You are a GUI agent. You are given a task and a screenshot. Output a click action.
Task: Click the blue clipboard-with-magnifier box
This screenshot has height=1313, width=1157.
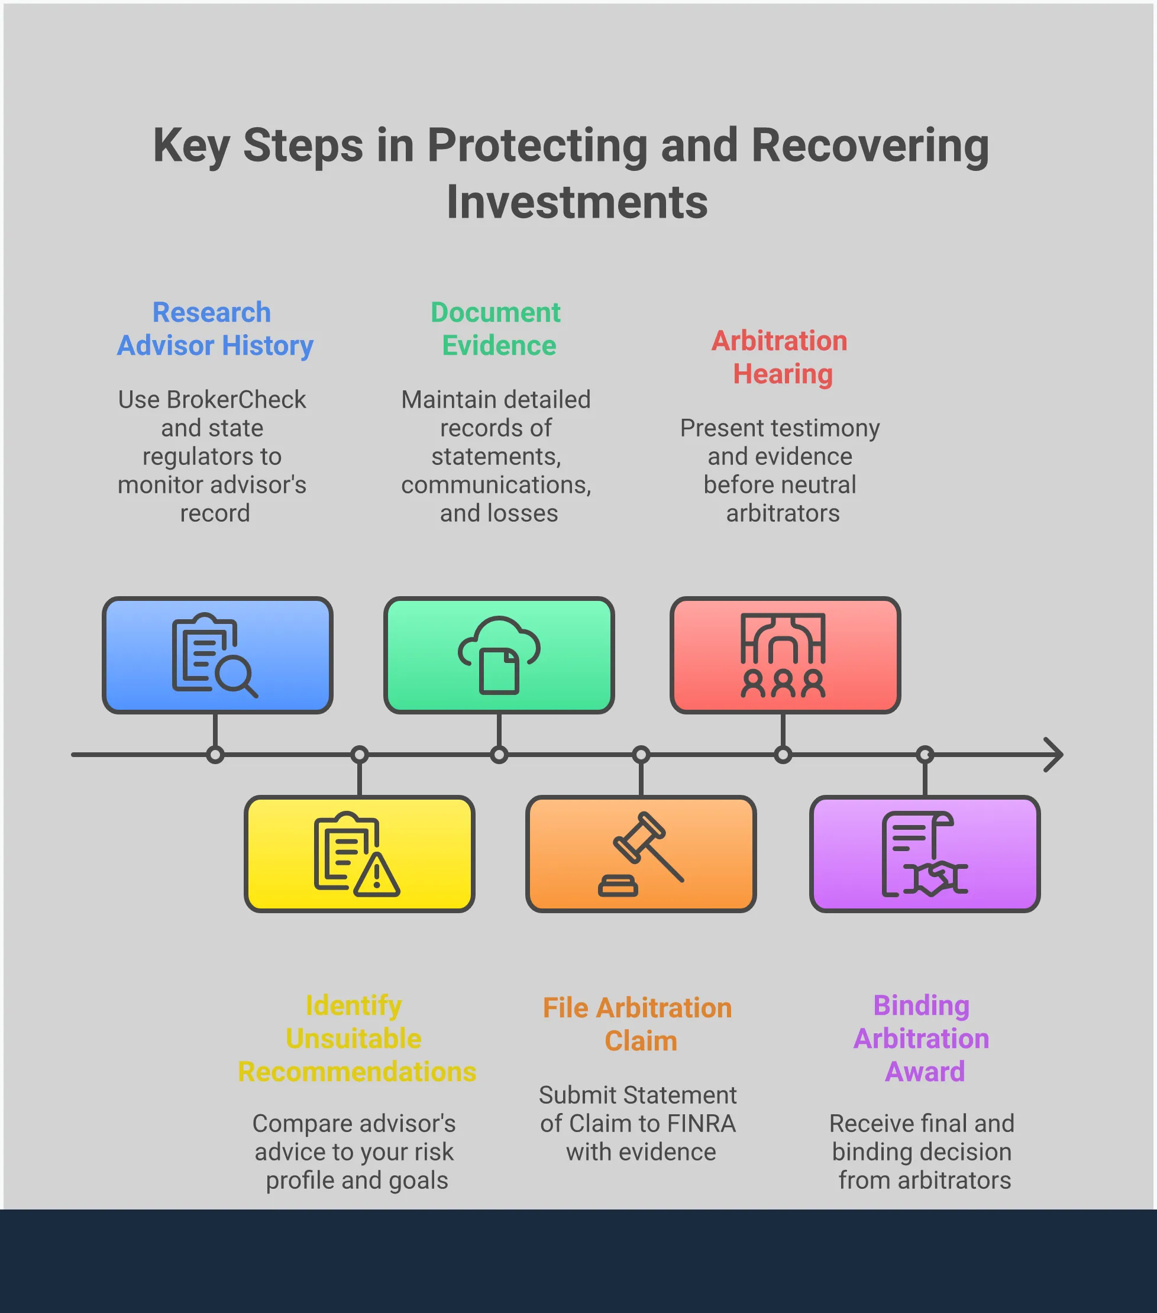[217, 655]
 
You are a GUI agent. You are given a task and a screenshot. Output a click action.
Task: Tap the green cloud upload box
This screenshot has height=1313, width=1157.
[499, 655]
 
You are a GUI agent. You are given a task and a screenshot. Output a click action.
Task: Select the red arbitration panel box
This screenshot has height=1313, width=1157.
[785, 655]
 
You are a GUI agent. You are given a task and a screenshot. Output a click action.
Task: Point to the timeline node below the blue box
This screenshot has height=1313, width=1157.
[215, 754]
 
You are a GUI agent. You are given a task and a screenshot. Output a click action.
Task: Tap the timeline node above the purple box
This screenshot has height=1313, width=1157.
[925, 754]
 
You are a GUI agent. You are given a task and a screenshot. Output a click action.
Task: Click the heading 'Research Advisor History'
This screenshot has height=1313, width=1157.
[215, 329]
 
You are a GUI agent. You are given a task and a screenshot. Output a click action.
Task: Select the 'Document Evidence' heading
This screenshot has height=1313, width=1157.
[497, 329]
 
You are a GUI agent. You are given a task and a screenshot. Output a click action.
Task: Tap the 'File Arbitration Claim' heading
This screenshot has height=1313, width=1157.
[638, 1024]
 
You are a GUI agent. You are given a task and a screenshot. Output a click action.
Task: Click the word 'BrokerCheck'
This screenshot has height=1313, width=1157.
[237, 400]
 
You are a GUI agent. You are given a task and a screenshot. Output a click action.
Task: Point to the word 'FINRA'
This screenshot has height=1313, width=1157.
[702, 1123]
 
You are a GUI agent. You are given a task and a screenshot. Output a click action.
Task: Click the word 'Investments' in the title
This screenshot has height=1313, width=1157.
[577, 202]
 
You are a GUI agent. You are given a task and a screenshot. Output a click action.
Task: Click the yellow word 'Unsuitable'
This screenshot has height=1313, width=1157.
[354, 1038]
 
